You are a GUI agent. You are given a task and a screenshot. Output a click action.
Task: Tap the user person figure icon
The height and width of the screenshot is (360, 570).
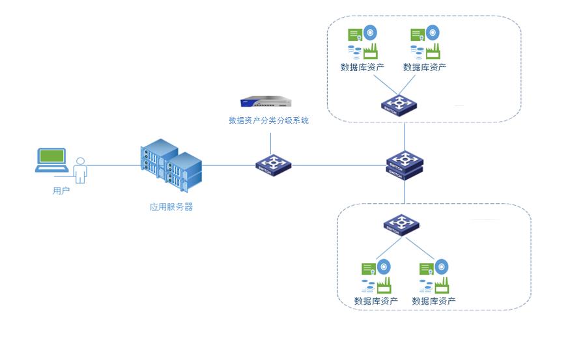tap(80, 171)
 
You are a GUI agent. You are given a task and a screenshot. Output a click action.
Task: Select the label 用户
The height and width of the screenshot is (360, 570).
tap(61, 191)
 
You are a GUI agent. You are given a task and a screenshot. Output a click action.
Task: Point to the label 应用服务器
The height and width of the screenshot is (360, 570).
tap(171, 207)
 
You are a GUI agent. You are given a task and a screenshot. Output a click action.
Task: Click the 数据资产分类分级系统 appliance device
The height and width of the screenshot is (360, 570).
tap(266, 102)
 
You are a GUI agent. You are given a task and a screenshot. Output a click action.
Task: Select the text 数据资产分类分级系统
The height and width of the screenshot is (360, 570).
tap(268, 120)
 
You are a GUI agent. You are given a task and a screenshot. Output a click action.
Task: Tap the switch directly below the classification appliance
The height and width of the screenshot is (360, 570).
tap(274, 163)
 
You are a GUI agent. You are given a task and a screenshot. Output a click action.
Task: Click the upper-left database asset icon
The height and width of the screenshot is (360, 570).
tap(362, 42)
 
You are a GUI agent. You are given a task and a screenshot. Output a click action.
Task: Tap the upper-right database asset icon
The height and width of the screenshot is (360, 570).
tap(425, 42)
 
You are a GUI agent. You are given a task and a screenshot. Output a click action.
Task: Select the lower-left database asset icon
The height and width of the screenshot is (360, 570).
tap(376, 277)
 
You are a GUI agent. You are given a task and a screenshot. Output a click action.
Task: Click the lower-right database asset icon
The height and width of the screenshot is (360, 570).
tap(434, 277)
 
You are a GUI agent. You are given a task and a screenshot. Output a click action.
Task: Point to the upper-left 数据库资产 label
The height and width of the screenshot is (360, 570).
tap(362, 67)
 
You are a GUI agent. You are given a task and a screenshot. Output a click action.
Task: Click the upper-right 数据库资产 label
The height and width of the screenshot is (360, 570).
tap(425, 67)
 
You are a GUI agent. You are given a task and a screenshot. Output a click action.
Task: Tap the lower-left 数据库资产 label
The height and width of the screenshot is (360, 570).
tap(376, 301)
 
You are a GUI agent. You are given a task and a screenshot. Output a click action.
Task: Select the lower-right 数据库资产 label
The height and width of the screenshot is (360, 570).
tap(434, 301)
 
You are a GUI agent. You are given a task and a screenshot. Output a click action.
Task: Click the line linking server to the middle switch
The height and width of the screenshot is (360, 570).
tap(228, 165)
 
